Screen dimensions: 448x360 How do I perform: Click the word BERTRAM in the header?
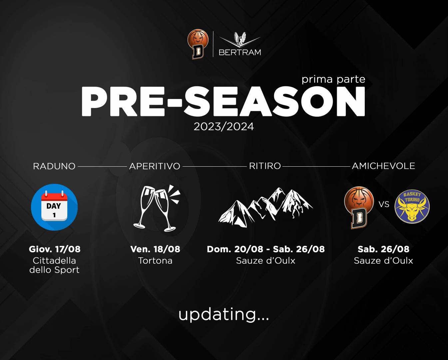(240, 52)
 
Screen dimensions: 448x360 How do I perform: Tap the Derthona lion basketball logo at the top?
(198, 44)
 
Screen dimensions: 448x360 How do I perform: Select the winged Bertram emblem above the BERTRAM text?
(240, 39)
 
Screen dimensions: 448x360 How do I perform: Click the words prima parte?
(333, 80)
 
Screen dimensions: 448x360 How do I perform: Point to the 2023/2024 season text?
(224, 126)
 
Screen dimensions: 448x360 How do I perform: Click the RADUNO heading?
(54, 166)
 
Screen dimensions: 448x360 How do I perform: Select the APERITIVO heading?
(155, 166)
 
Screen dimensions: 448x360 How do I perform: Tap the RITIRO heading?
(265, 166)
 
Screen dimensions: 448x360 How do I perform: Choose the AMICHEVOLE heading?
(383, 166)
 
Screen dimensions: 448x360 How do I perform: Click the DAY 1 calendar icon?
(54, 207)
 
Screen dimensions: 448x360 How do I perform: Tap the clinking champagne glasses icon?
(157, 208)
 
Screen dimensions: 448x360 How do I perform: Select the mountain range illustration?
(265, 207)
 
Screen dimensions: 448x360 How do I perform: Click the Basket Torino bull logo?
(412, 206)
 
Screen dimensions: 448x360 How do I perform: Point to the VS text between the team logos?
(384, 204)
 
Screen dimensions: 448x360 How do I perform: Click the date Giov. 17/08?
(55, 249)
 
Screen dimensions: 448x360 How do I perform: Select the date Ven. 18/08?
(155, 249)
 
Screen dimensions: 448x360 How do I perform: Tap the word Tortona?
(155, 261)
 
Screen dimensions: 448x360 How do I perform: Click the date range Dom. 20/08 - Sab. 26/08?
(266, 249)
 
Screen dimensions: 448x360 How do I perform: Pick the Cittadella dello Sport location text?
(54, 265)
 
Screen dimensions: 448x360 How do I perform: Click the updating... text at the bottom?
(224, 315)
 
